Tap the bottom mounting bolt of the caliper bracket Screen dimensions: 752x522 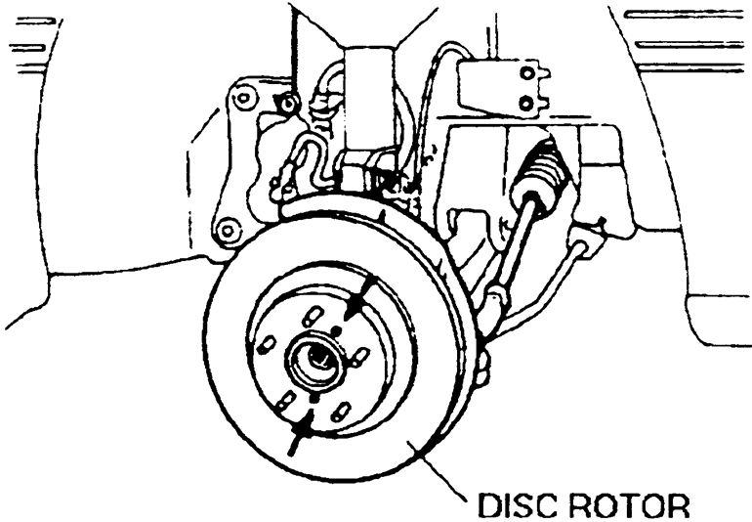(228, 232)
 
